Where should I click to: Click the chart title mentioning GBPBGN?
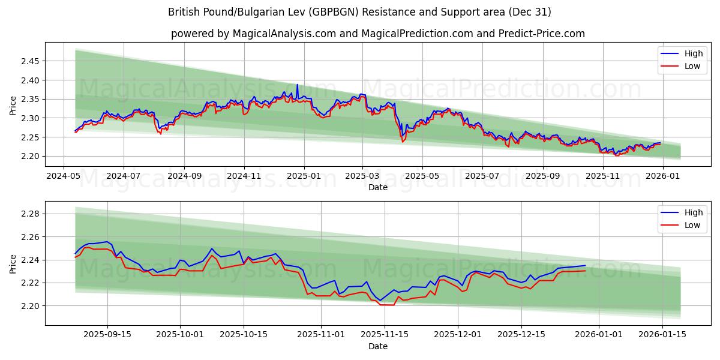(359, 12)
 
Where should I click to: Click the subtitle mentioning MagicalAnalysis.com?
(377, 34)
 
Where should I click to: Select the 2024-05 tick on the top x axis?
(64, 176)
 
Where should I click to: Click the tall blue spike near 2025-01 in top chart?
(297, 85)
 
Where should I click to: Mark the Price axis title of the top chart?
(13, 105)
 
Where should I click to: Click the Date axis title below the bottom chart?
(377, 346)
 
